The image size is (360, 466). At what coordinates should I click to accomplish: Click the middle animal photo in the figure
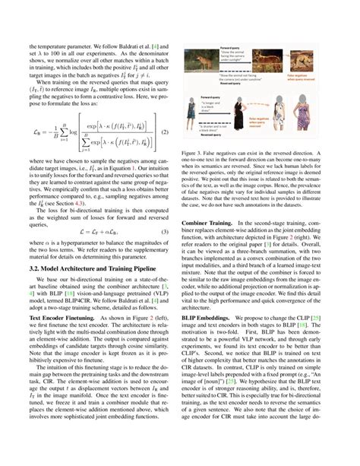(x=268, y=63)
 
